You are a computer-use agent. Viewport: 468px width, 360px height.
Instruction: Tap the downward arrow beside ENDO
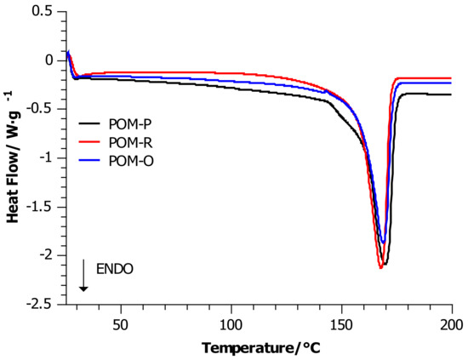83,277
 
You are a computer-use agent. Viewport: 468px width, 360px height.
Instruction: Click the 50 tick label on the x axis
122,324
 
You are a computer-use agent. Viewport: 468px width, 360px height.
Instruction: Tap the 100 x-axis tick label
231,324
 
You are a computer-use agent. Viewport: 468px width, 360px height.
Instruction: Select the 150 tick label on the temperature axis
341,324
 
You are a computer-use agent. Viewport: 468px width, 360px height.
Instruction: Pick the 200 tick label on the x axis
451,324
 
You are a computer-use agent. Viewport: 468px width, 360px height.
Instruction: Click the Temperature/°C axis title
261,347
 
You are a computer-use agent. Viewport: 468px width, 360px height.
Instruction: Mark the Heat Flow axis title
14,157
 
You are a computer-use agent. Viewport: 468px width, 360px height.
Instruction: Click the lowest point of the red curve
380,268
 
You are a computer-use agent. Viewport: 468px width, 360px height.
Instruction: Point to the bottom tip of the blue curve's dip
384,243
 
